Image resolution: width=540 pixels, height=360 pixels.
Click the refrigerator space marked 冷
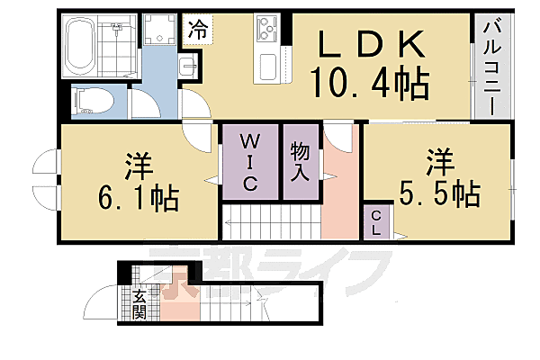pos(197,28)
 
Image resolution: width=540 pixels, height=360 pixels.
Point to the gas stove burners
pos(269,28)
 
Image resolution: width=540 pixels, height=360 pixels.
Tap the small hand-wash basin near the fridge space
pos(185,66)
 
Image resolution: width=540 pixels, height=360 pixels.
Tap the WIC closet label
pos(251,163)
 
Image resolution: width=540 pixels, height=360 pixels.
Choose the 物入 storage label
pos(300,162)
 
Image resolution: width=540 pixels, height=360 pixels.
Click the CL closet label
pos(376,222)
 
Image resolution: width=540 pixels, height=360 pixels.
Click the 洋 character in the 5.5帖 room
pos(439,162)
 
